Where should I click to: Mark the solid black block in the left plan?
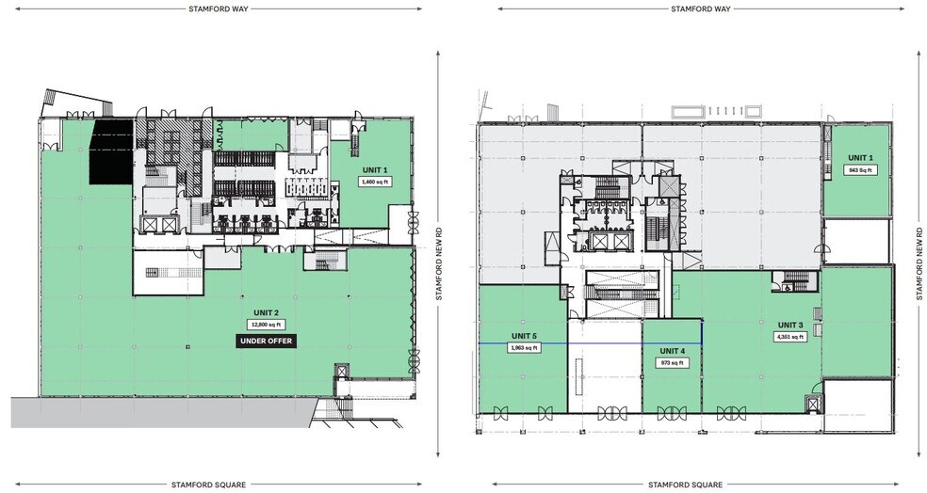pyautogui.click(x=110, y=154)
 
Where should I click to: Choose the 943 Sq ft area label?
pyautogui.click(x=859, y=170)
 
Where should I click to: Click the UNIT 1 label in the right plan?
pyautogui.click(x=859, y=157)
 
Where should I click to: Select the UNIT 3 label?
pyautogui.click(x=789, y=325)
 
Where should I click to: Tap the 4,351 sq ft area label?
pyautogui.click(x=789, y=337)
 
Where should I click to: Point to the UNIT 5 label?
pyautogui.click(x=524, y=335)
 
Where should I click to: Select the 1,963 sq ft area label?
pyautogui.click(x=524, y=347)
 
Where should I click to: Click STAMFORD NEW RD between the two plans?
pyautogui.click(x=439, y=262)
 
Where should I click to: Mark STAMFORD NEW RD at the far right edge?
pyautogui.click(x=919, y=262)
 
